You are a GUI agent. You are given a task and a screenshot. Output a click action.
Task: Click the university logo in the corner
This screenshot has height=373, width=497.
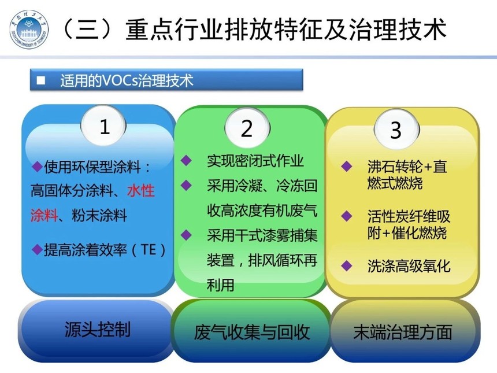pyautogui.click(x=29, y=29)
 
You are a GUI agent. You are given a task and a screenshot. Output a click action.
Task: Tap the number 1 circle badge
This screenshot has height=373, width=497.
pyautogui.click(x=103, y=126)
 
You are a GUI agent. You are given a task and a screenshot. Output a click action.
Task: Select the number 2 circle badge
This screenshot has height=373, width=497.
pyautogui.click(x=247, y=128)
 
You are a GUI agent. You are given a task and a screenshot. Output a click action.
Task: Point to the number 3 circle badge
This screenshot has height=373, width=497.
pyautogui.click(x=396, y=130)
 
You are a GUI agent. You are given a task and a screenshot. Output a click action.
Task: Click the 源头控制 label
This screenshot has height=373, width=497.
pyautogui.click(x=97, y=329)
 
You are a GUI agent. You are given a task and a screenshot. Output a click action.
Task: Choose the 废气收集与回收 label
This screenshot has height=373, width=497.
pyautogui.click(x=251, y=332)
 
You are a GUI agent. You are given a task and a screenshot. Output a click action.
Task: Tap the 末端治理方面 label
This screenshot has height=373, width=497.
pyautogui.click(x=403, y=332)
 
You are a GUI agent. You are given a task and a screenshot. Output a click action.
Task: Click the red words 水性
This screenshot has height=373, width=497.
pyautogui.click(x=141, y=191)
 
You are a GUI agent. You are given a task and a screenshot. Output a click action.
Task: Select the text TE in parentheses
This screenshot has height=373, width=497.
pyautogui.click(x=149, y=250)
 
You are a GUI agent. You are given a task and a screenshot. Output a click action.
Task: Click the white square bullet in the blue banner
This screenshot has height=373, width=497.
pyautogui.click(x=41, y=80)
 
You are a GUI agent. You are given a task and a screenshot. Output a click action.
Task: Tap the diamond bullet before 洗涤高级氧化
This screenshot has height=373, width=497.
pyautogui.click(x=346, y=266)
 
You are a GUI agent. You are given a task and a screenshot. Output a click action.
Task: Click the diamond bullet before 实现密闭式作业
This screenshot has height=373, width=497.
pyautogui.click(x=186, y=160)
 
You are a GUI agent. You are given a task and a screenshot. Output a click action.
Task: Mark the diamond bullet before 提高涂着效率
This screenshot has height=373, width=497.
pyautogui.click(x=38, y=250)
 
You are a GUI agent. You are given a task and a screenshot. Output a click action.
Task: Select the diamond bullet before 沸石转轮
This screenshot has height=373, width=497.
pyautogui.click(x=346, y=166)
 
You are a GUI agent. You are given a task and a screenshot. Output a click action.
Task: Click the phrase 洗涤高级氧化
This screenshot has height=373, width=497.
pyautogui.click(x=409, y=266)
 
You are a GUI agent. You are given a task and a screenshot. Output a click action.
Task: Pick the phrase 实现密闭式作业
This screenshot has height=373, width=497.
pyautogui.click(x=255, y=161)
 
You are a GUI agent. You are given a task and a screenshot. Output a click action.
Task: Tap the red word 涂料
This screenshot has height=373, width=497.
pyautogui.click(x=44, y=215)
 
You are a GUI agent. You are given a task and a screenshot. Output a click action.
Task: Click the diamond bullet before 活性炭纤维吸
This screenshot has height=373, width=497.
pyautogui.click(x=346, y=216)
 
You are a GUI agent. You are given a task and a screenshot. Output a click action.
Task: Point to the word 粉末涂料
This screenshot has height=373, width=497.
pyautogui.click(x=99, y=215)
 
